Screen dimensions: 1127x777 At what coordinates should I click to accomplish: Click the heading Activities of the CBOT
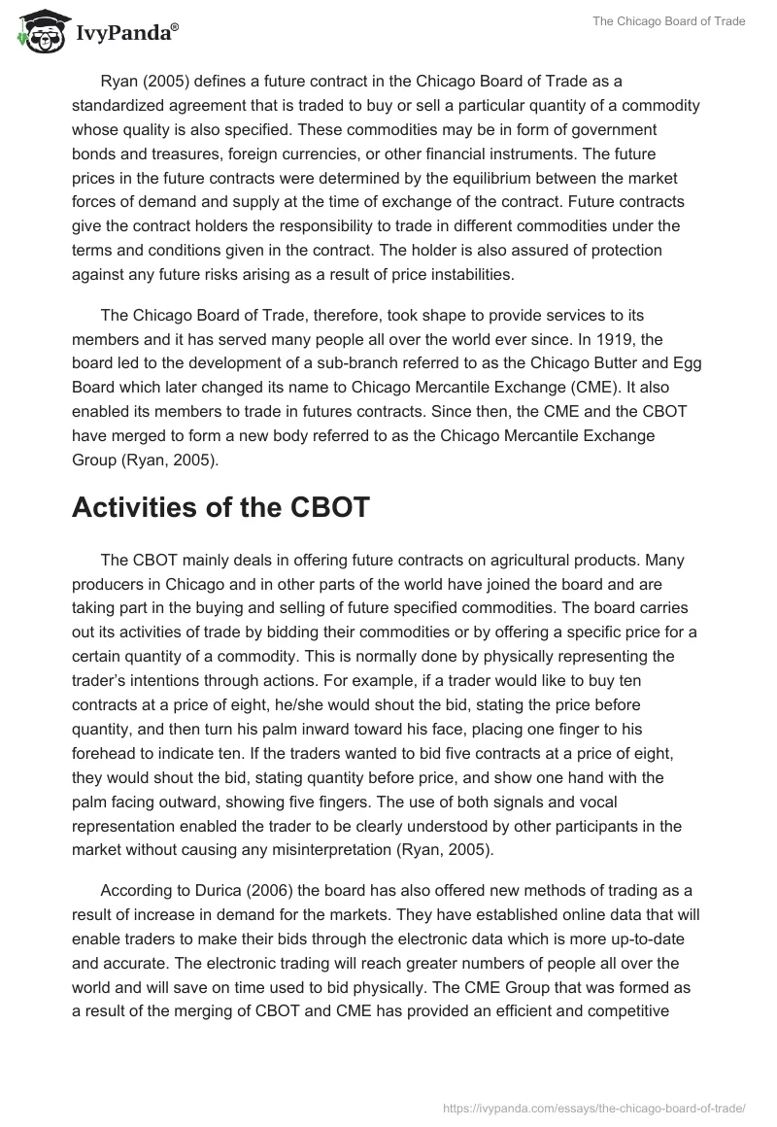pos(220,506)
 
